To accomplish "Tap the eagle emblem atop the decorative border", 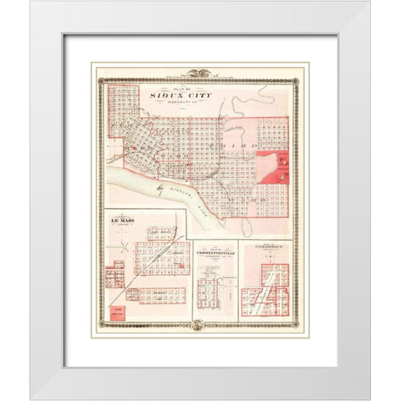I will point(200,74).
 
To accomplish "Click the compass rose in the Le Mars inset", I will point(124,246).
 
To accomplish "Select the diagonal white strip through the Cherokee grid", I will point(265,292).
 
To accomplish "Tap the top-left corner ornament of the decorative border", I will point(101,81).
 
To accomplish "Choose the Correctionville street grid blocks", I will point(215,292).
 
